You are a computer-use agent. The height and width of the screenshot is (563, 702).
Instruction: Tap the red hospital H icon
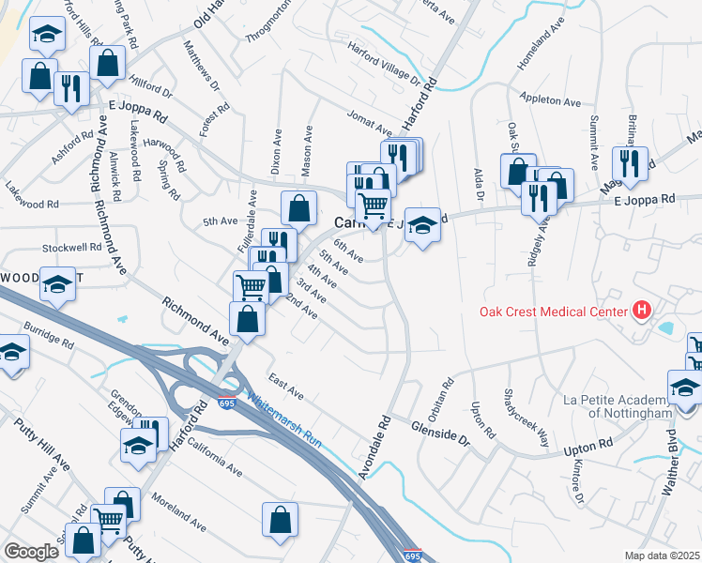pyautogui.click(x=643, y=310)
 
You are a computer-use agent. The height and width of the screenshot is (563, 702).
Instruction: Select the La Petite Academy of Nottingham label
pyautogui.click(x=618, y=407)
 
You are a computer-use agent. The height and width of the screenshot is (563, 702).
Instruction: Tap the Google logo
pyautogui.click(x=32, y=552)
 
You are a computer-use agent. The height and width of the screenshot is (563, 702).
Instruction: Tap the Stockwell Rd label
pyautogui.click(x=71, y=248)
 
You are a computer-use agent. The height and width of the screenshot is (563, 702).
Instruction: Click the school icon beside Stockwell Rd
pyautogui.click(x=57, y=282)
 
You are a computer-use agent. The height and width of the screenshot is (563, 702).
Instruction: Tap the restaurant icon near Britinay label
pyautogui.click(x=631, y=161)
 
